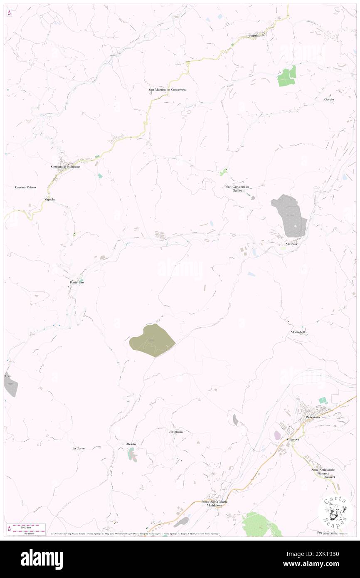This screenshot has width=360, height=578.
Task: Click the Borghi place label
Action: click(254, 36)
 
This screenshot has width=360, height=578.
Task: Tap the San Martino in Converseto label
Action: click(168, 89)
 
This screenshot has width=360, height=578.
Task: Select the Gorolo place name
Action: click(329, 99)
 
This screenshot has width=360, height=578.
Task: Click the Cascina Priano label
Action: click(25, 188)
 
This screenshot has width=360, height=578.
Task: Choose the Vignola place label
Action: click(49, 200)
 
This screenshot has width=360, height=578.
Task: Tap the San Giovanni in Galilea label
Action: click(237, 188)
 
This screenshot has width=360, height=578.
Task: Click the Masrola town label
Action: click(291, 244)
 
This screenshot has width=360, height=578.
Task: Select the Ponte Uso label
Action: click(77, 282)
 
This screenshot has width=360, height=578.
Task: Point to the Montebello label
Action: click(298, 332)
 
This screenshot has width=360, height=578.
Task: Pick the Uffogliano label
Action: click(175, 432)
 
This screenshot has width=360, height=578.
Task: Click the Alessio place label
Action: click(131, 444)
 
